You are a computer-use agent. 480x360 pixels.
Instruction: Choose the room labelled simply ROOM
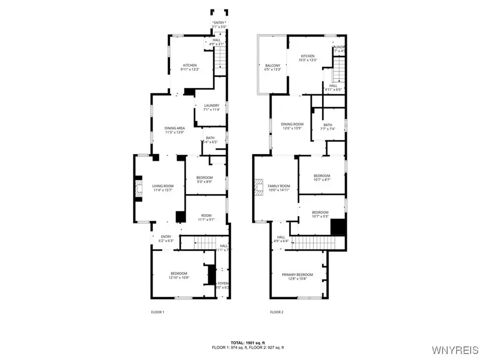click(x=206, y=217)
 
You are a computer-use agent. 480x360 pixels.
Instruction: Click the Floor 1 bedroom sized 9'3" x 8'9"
click(x=204, y=180)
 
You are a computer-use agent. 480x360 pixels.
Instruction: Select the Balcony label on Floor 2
click(x=273, y=67)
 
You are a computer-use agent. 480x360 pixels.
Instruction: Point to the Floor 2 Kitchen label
click(x=308, y=58)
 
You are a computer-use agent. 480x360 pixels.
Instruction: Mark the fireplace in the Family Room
click(x=259, y=187)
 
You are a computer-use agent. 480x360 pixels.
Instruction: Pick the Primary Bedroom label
click(x=298, y=277)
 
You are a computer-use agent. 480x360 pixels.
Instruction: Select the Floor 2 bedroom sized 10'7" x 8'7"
click(x=322, y=178)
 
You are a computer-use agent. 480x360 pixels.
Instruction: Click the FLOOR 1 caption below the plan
click(x=158, y=312)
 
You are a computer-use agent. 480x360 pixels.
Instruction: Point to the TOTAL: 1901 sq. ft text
click(x=248, y=342)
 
